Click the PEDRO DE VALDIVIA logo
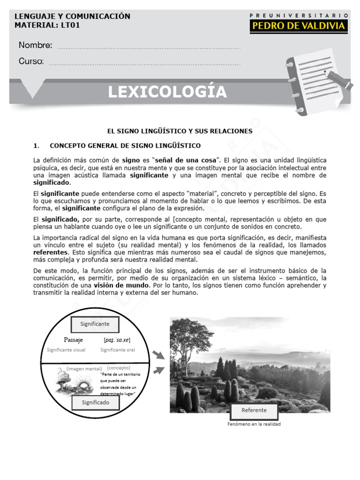point(299,26)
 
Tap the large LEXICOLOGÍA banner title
point(167,92)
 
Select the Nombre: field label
point(35,45)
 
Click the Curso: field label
point(31,61)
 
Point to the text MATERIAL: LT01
point(47,25)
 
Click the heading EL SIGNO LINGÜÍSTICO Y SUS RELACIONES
point(180,131)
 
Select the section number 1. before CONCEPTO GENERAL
point(37,145)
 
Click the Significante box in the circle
point(95,324)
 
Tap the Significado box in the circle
point(95,402)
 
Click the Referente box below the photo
point(254,410)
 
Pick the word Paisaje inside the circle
point(73,340)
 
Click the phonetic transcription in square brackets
point(117,340)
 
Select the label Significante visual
point(66,350)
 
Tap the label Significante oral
point(117,350)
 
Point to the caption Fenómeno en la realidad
point(254,424)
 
